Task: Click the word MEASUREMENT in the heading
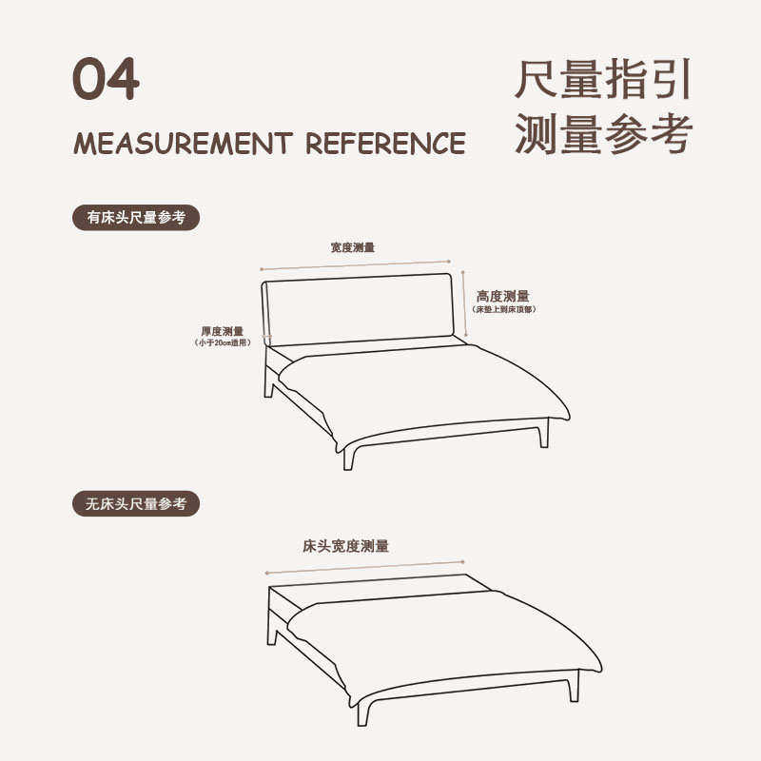pos(182,144)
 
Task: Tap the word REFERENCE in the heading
pos(385,144)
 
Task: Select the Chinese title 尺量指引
pos(602,80)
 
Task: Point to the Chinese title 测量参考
pos(602,133)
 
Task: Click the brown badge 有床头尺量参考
pos(137,218)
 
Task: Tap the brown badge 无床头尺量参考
pos(137,504)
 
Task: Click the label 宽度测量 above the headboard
pos(353,247)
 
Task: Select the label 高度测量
pos(503,297)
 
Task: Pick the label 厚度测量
pos(222,331)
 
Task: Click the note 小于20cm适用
pos(223,342)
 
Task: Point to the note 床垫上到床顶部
pos(502,310)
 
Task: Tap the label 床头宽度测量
pos(346,547)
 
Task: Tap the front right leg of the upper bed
pos(544,434)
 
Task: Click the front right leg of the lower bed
pos(573,687)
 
